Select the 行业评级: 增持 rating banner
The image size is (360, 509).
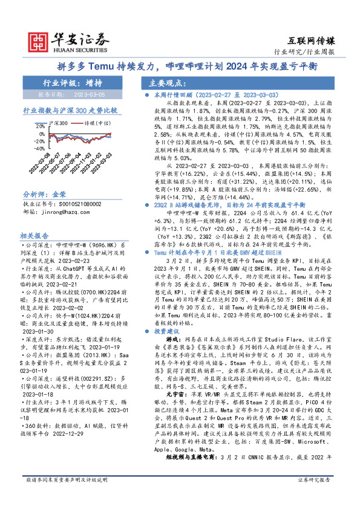click(73, 83)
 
